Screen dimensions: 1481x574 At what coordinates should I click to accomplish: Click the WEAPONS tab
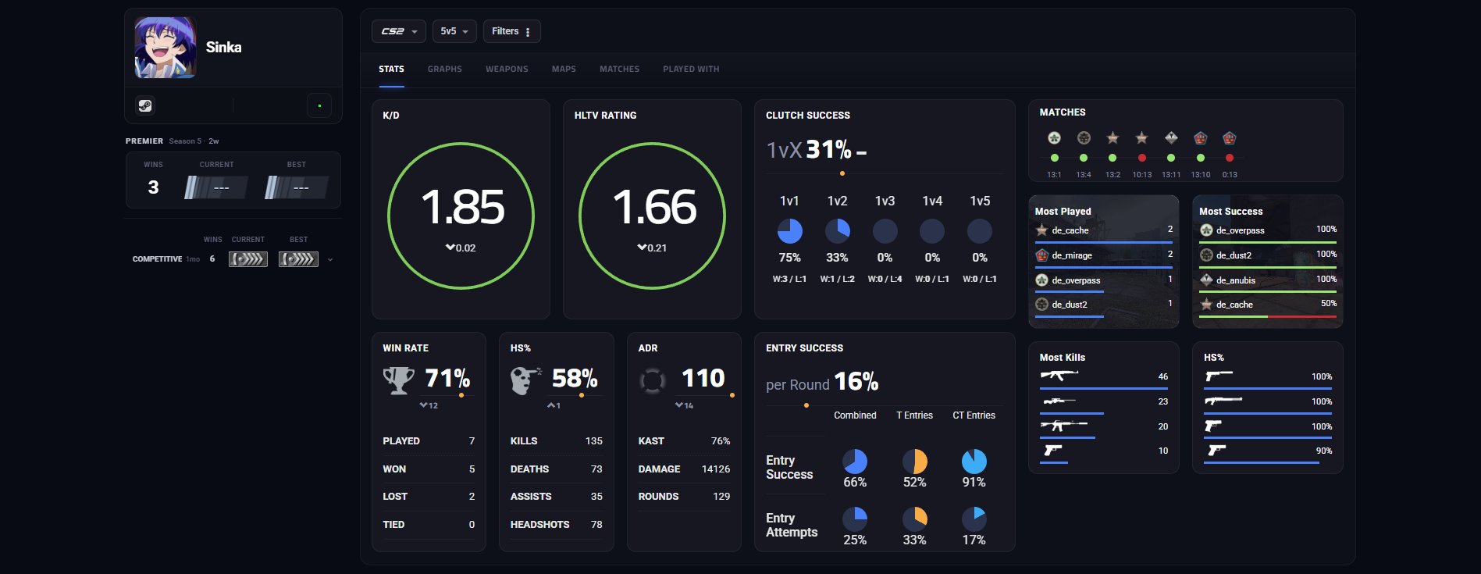tap(507, 70)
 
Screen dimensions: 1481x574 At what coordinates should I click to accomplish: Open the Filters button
tap(511, 31)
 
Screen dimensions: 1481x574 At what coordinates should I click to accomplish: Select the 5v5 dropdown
tap(454, 31)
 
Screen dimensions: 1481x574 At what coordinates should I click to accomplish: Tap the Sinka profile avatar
tap(166, 48)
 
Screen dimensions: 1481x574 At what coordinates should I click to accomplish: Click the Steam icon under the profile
tap(145, 105)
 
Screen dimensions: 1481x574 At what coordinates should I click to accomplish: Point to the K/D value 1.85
tap(462, 207)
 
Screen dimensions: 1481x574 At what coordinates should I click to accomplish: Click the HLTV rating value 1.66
tap(653, 207)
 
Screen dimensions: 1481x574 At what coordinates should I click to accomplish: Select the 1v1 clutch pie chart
tap(789, 231)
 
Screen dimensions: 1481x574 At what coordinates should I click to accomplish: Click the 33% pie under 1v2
tap(837, 231)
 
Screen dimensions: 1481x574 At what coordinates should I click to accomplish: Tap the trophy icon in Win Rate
tap(398, 380)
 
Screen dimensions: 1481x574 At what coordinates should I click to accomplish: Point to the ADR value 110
tap(703, 378)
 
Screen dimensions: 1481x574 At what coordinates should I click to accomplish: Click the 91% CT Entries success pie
tap(974, 462)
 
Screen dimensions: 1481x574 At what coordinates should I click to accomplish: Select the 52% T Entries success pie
tap(914, 462)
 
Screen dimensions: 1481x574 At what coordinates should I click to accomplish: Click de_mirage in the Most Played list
tap(1071, 255)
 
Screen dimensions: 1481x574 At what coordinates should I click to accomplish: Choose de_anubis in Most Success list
tap(1236, 280)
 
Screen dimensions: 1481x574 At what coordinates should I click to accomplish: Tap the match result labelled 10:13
tap(1141, 175)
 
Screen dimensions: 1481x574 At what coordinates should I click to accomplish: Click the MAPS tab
tap(564, 70)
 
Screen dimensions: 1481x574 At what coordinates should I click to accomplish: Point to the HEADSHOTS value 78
tap(596, 525)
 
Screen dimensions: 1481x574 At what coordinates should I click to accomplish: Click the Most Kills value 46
tap(1163, 376)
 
